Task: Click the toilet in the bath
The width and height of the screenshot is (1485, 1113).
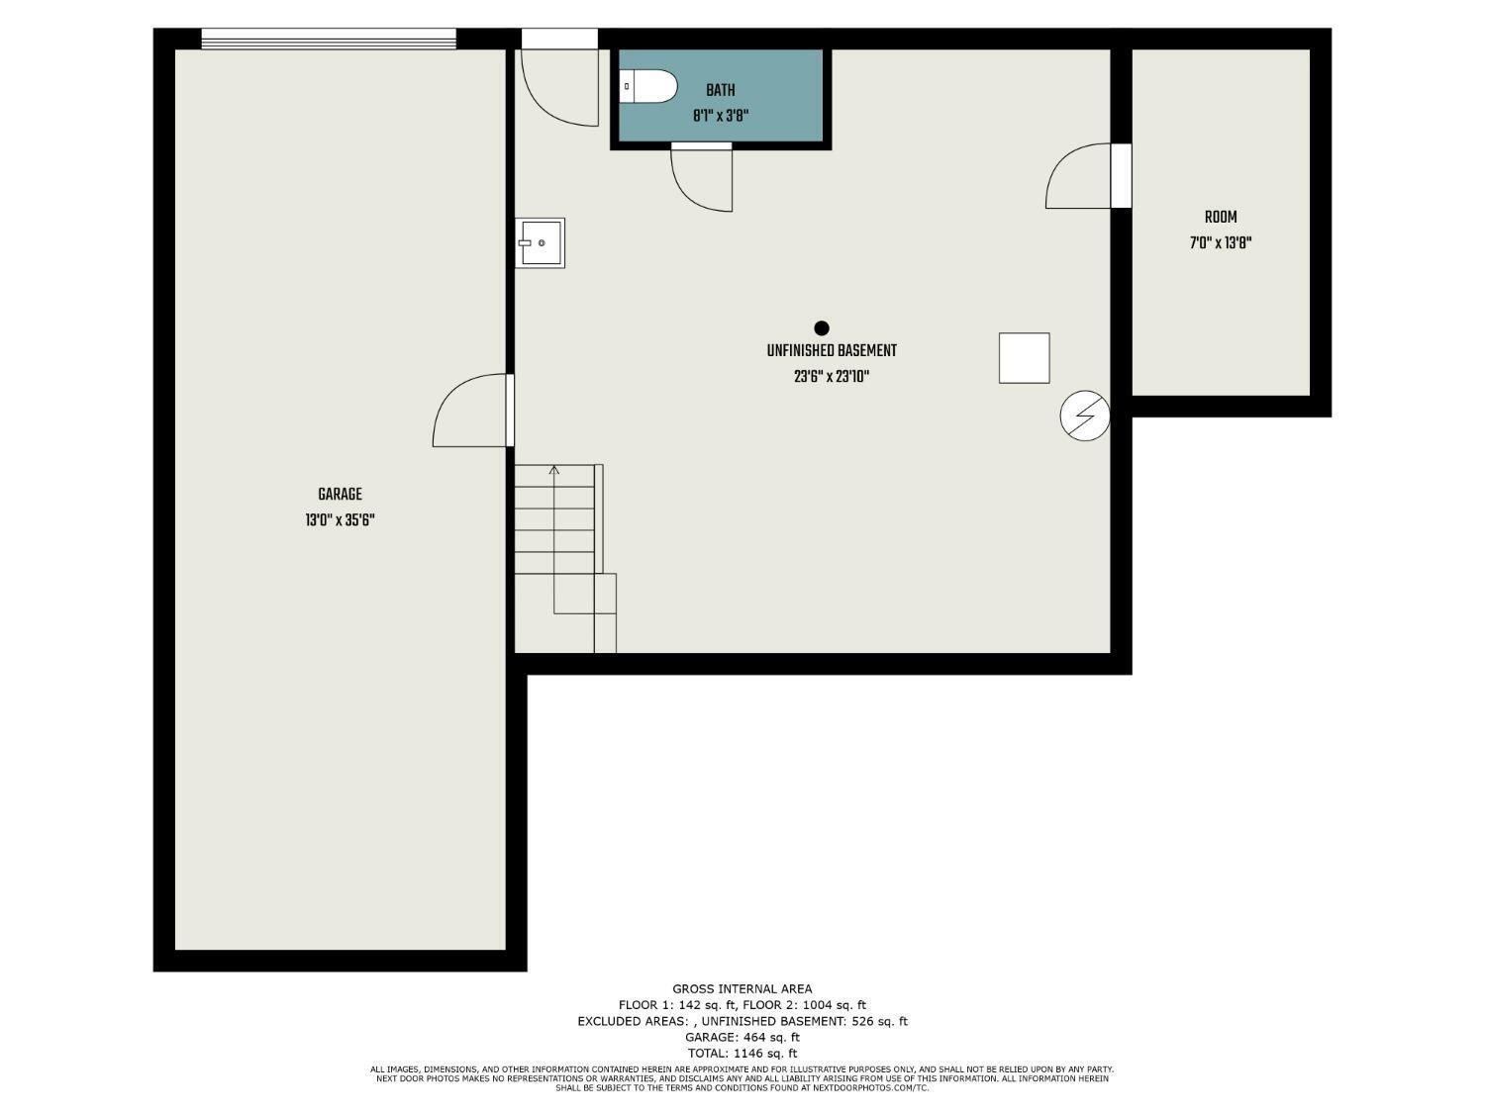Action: coord(647,86)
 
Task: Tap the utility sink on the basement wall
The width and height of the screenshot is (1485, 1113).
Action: coord(540,242)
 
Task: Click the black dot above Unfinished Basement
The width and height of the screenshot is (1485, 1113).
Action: coord(822,328)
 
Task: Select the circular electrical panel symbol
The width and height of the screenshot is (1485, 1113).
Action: coord(1084,416)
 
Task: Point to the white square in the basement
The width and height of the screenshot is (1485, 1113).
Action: coord(1025,358)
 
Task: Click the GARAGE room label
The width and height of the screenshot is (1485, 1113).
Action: coord(340,494)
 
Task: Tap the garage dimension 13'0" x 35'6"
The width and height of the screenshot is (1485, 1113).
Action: coord(340,519)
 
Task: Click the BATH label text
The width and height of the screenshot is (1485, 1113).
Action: coord(721,90)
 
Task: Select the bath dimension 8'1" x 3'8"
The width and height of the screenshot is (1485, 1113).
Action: coord(721,116)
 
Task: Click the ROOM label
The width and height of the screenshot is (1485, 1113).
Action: coord(1221,217)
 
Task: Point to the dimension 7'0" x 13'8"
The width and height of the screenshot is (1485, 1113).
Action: coord(1221,242)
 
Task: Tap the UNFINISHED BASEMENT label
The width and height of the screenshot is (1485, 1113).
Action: coord(832,351)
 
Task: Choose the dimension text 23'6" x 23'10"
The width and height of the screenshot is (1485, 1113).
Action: coord(832,376)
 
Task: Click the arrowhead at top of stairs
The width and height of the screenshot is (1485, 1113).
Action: coord(554,469)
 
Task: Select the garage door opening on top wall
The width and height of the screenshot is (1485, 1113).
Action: coord(329,39)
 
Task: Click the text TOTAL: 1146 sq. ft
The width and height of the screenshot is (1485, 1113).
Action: coord(742,1053)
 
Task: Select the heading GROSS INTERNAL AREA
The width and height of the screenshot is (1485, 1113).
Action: coord(742,988)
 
